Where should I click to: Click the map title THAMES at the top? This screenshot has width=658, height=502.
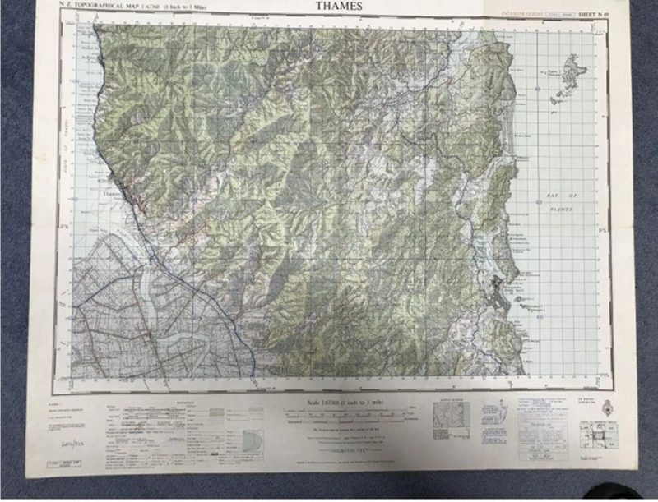(x=337, y=7)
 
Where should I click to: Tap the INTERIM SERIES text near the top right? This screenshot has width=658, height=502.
(x=524, y=15)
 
